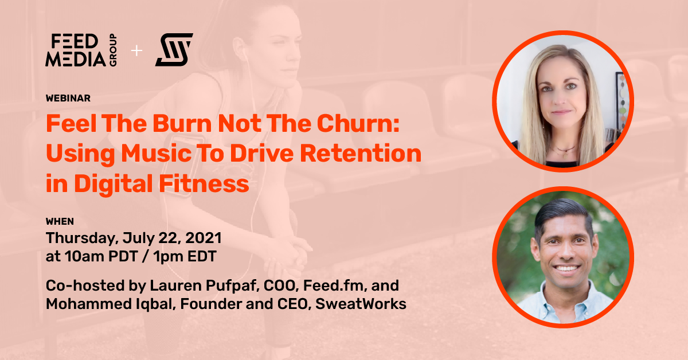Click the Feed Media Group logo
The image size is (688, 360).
pyautogui.click(x=81, y=50)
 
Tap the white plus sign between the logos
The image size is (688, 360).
pyautogui.click(x=136, y=50)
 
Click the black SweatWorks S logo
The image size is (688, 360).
pyautogui.click(x=174, y=50)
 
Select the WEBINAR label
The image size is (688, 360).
pyautogui.click(x=68, y=98)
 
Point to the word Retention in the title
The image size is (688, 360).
pyautogui.click(x=361, y=153)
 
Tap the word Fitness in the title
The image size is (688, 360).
pyautogui.click(x=204, y=183)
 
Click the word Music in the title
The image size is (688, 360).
pyautogui.click(x=157, y=153)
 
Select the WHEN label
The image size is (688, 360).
pyautogui.click(x=60, y=221)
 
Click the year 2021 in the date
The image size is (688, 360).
pyautogui.click(x=204, y=238)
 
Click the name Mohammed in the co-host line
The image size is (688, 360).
pyautogui.click(x=89, y=304)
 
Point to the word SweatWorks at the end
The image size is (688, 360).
pyautogui.click(x=361, y=304)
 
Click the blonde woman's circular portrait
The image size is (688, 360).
pyautogui.click(x=563, y=101)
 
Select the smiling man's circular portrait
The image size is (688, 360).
pyautogui.click(x=563, y=257)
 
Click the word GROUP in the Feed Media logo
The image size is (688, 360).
pyautogui.click(x=113, y=50)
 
